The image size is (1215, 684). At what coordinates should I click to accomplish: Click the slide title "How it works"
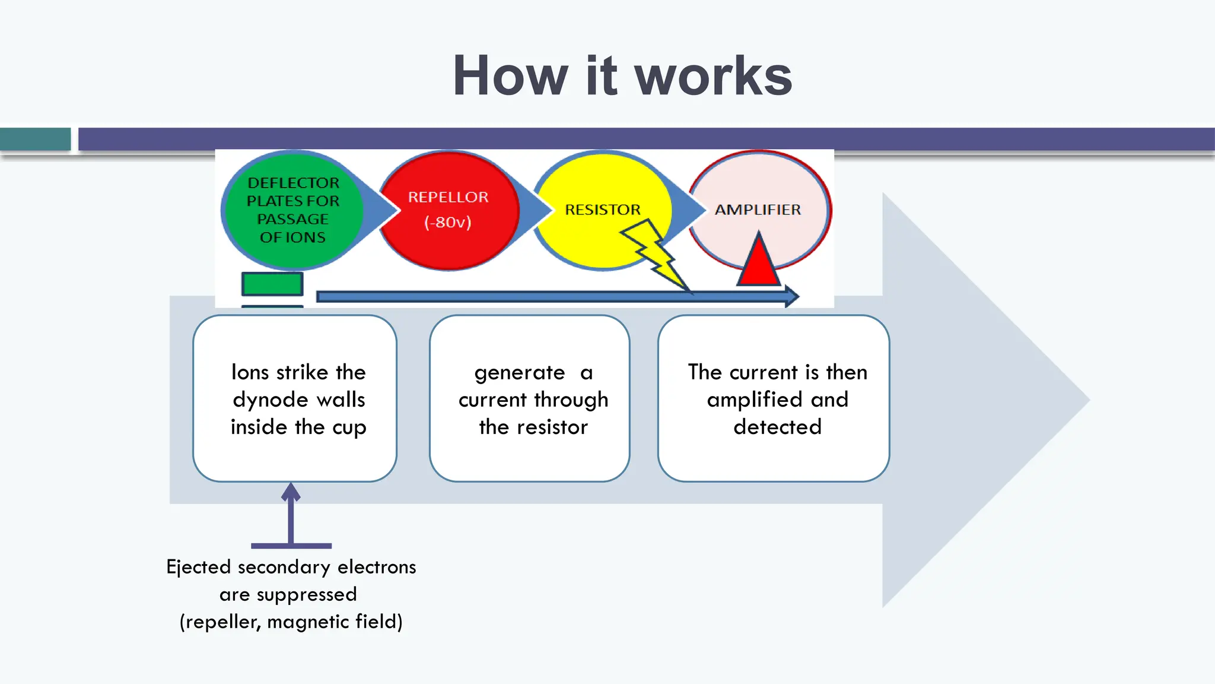pos(622,75)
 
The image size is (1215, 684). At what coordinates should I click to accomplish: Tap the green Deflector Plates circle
pos(292,210)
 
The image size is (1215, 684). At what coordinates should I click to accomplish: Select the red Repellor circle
pos(449,211)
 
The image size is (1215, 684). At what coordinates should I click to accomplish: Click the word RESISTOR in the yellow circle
pos(603,210)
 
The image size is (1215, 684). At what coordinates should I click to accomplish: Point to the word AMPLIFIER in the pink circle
pos(758,210)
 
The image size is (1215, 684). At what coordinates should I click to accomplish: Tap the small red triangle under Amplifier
pos(758,259)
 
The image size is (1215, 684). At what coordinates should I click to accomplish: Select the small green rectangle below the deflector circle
pos(272,284)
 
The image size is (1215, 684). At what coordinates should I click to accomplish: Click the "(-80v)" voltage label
pos(448,222)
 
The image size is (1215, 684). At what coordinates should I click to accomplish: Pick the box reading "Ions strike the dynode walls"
pos(295,398)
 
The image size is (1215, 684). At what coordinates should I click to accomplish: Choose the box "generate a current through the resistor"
pos(530,398)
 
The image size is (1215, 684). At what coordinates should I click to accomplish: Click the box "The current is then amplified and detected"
pos(774,398)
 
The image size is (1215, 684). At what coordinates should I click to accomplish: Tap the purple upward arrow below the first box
pos(291,514)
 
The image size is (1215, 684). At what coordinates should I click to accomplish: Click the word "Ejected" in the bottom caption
pos(199,568)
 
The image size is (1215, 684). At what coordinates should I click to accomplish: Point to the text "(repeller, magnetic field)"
pos(291,622)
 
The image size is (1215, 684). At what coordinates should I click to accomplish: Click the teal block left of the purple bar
pos(36,139)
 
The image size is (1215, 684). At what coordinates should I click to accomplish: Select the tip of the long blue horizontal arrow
pos(799,296)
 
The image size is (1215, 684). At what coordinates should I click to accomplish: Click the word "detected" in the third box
pos(778,427)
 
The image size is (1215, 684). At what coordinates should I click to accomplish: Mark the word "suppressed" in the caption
pos(307,595)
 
